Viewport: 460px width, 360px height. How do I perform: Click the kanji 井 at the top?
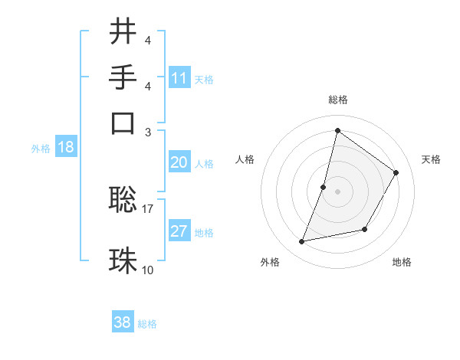click(123, 31)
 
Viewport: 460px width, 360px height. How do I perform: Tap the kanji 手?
click(123, 77)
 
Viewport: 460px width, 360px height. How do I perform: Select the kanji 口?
click(123, 122)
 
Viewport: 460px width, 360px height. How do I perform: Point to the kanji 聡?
click(123, 200)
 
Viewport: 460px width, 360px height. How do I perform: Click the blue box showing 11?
click(179, 78)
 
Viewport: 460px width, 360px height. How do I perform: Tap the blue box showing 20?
click(179, 162)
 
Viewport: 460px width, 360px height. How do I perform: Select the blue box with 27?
click(179, 231)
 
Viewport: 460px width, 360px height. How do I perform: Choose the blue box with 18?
click(66, 148)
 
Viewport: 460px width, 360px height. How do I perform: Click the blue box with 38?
click(123, 322)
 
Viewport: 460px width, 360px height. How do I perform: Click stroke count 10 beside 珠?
click(148, 270)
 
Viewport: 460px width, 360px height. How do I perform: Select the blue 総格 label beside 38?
click(147, 324)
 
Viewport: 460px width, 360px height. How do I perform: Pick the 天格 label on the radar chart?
click(432, 159)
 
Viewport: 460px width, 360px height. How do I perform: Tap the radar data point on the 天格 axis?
click(396, 172)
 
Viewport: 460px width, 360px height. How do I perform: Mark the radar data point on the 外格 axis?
click(302, 242)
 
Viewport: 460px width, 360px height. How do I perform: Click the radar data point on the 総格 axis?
click(337, 130)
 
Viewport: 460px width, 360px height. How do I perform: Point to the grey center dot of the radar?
click(337, 191)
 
